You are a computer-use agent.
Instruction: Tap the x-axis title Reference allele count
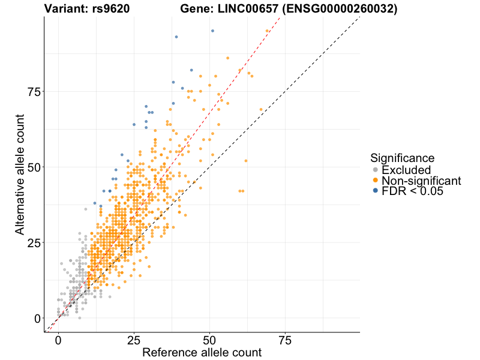coord(202,352)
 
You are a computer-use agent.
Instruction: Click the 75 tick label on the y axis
coord(34,92)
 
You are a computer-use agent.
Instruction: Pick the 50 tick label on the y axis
coord(34,167)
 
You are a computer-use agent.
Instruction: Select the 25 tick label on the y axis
coord(34,243)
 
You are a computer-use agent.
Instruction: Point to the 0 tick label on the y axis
coord(37,319)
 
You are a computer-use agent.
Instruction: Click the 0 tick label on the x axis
coord(58,340)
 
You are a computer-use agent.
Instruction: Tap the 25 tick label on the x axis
coord(134,340)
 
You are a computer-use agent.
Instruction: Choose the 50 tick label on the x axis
coord(209,340)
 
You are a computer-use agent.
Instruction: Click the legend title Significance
coord(402,158)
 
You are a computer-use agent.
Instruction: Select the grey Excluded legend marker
coord(376,170)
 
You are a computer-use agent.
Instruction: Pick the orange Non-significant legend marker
coord(376,181)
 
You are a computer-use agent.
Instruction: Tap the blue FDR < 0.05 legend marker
coord(376,191)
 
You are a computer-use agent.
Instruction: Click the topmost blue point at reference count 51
coord(212,31)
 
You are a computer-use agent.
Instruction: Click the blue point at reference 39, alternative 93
coord(176,37)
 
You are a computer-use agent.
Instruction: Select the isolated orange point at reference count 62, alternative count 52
coord(246,161)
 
